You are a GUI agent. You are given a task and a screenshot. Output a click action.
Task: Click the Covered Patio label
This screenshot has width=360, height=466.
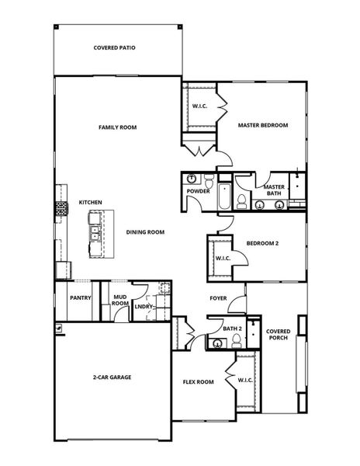coord(115,47)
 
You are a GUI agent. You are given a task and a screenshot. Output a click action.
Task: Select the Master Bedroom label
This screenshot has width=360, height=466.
coord(263,125)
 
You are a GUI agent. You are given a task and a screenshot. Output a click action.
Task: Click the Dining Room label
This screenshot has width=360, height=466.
coord(145,231)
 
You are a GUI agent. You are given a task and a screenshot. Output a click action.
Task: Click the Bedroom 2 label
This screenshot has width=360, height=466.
coord(262,243)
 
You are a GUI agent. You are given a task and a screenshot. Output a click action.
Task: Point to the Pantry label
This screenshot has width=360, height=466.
coord(81,297)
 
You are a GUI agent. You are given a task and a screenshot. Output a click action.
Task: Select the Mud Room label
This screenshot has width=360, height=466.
coord(120,301)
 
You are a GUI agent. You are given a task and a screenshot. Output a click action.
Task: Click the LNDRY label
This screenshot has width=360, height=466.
coord(144,307)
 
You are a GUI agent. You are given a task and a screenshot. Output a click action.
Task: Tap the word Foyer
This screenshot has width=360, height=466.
coord(219,298)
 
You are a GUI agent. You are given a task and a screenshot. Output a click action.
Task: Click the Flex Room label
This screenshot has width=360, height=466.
coord(198,381)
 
